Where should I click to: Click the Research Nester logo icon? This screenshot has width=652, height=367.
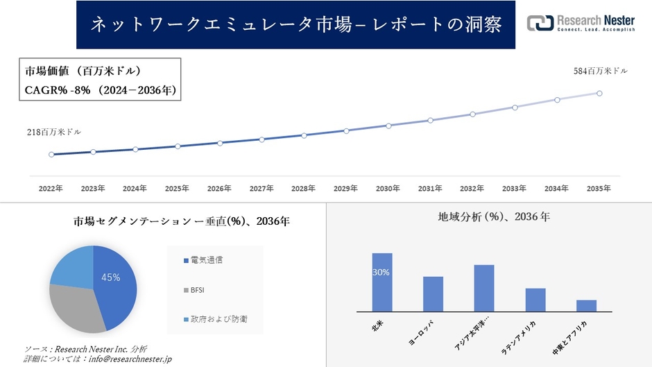[540, 23]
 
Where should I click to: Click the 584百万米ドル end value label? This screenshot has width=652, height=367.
[600, 71]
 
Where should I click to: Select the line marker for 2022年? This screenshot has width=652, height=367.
[51, 155]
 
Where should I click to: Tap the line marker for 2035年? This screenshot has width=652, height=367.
[599, 93]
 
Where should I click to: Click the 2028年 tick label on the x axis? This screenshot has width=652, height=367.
[304, 188]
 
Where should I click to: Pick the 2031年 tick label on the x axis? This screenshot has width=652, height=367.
[430, 188]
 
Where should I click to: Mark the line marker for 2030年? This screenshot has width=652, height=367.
[388, 126]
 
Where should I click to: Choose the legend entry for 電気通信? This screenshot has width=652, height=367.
[206, 260]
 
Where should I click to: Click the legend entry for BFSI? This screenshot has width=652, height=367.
[198, 289]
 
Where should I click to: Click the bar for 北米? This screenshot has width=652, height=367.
[382, 282]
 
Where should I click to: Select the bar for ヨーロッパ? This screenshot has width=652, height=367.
[433, 294]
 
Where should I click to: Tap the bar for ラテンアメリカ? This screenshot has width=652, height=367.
[535, 300]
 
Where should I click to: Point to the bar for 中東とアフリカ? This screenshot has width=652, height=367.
[586, 306]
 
